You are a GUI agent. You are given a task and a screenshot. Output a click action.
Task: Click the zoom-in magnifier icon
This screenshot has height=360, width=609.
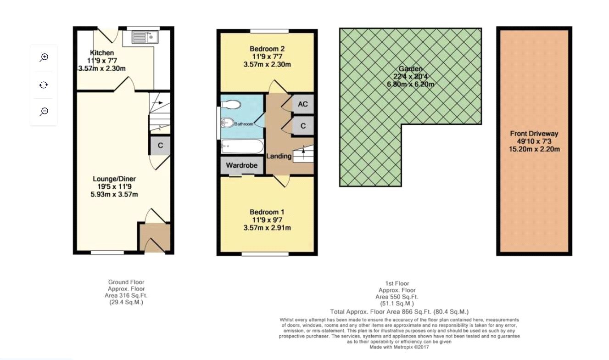point(44,57)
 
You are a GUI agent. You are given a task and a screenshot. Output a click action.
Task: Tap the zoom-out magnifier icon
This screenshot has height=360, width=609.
point(44,112)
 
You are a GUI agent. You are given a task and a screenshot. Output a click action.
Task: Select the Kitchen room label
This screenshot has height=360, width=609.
point(102,53)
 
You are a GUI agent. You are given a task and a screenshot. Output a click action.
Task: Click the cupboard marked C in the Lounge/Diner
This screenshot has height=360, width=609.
point(160,146)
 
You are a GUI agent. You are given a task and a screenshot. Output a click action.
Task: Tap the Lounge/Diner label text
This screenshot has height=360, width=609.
point(114,179)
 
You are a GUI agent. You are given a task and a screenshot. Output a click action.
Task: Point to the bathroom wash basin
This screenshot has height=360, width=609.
point(227,123)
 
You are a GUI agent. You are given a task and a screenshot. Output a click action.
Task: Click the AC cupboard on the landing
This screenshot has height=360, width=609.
point(302,104)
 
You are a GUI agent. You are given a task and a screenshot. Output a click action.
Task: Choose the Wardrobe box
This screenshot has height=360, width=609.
point(241,165)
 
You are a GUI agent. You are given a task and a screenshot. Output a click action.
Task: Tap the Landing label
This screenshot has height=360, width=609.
point(279,156)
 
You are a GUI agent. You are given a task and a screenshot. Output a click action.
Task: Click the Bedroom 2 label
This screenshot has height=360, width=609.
point(267,49)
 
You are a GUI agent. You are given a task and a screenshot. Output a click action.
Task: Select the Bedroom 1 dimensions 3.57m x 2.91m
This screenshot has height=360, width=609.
point(267,228)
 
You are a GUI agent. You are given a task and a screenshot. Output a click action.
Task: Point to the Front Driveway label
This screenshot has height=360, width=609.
point(534,134)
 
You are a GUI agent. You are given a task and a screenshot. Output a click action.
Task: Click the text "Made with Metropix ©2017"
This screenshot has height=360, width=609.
point(399,348)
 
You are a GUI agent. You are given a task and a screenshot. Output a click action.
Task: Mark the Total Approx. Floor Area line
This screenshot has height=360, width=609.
point(399,311)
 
